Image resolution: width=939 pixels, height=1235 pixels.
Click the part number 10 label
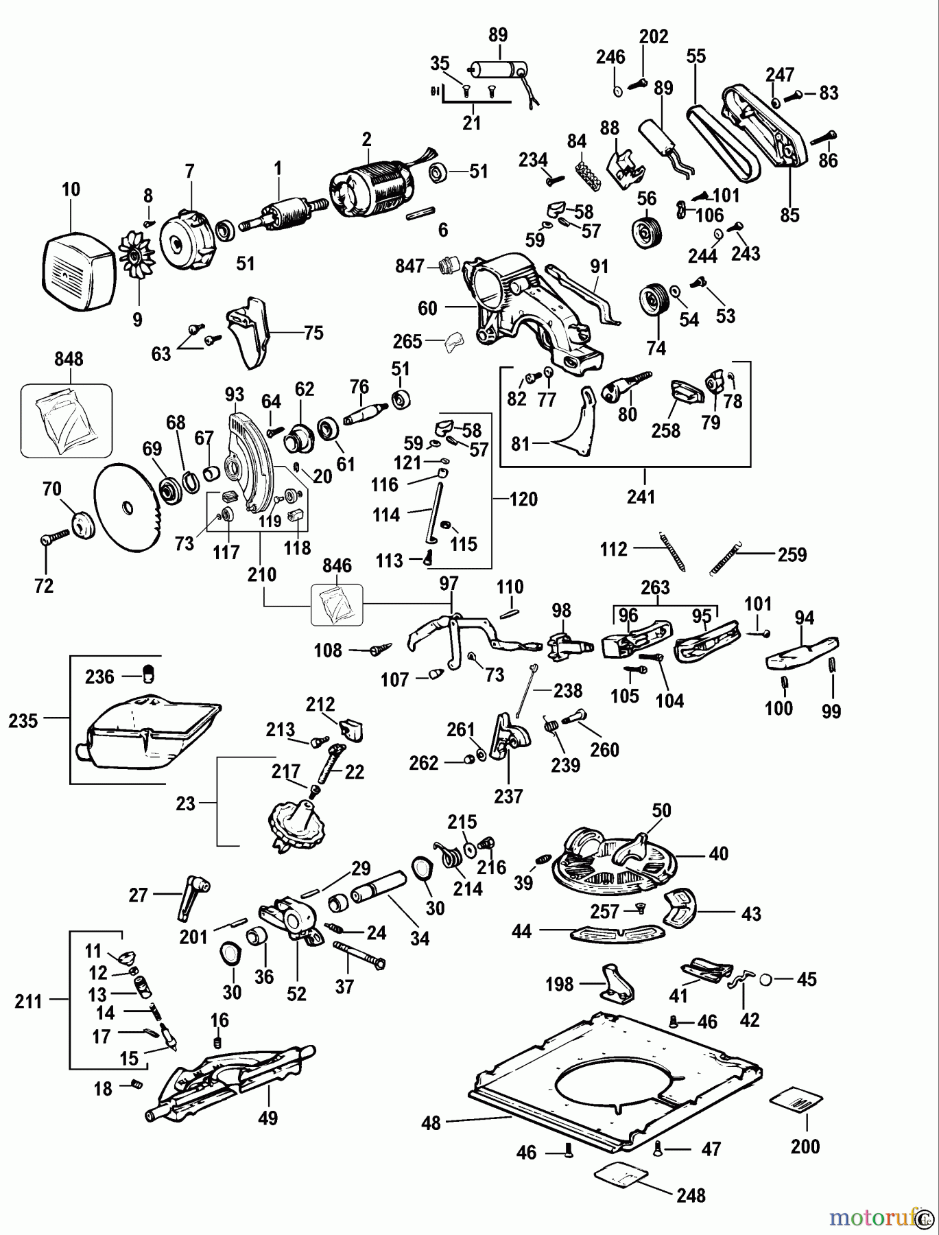click(x=71, y=189)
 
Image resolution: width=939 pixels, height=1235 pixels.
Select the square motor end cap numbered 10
click(x=78, y=270)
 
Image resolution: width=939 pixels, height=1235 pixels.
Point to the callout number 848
click(x=69, y=359)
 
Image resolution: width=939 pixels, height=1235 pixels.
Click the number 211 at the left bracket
click(x=29, y=1002)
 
